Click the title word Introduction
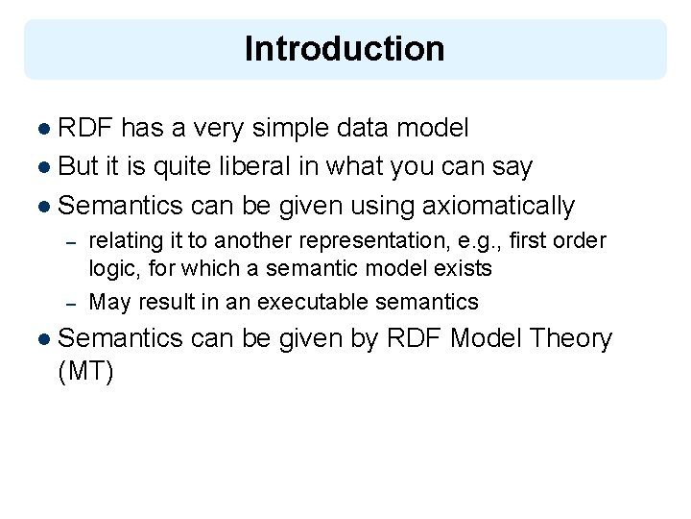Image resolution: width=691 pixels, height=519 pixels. click(x=345, y=49)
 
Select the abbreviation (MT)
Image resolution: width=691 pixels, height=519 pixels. click(x=86, y=372)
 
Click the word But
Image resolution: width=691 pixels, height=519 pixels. click(x=79, y=166)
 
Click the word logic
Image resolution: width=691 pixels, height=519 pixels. click(x=112, y=268)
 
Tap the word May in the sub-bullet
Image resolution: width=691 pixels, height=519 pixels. click(x=109, y=302)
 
